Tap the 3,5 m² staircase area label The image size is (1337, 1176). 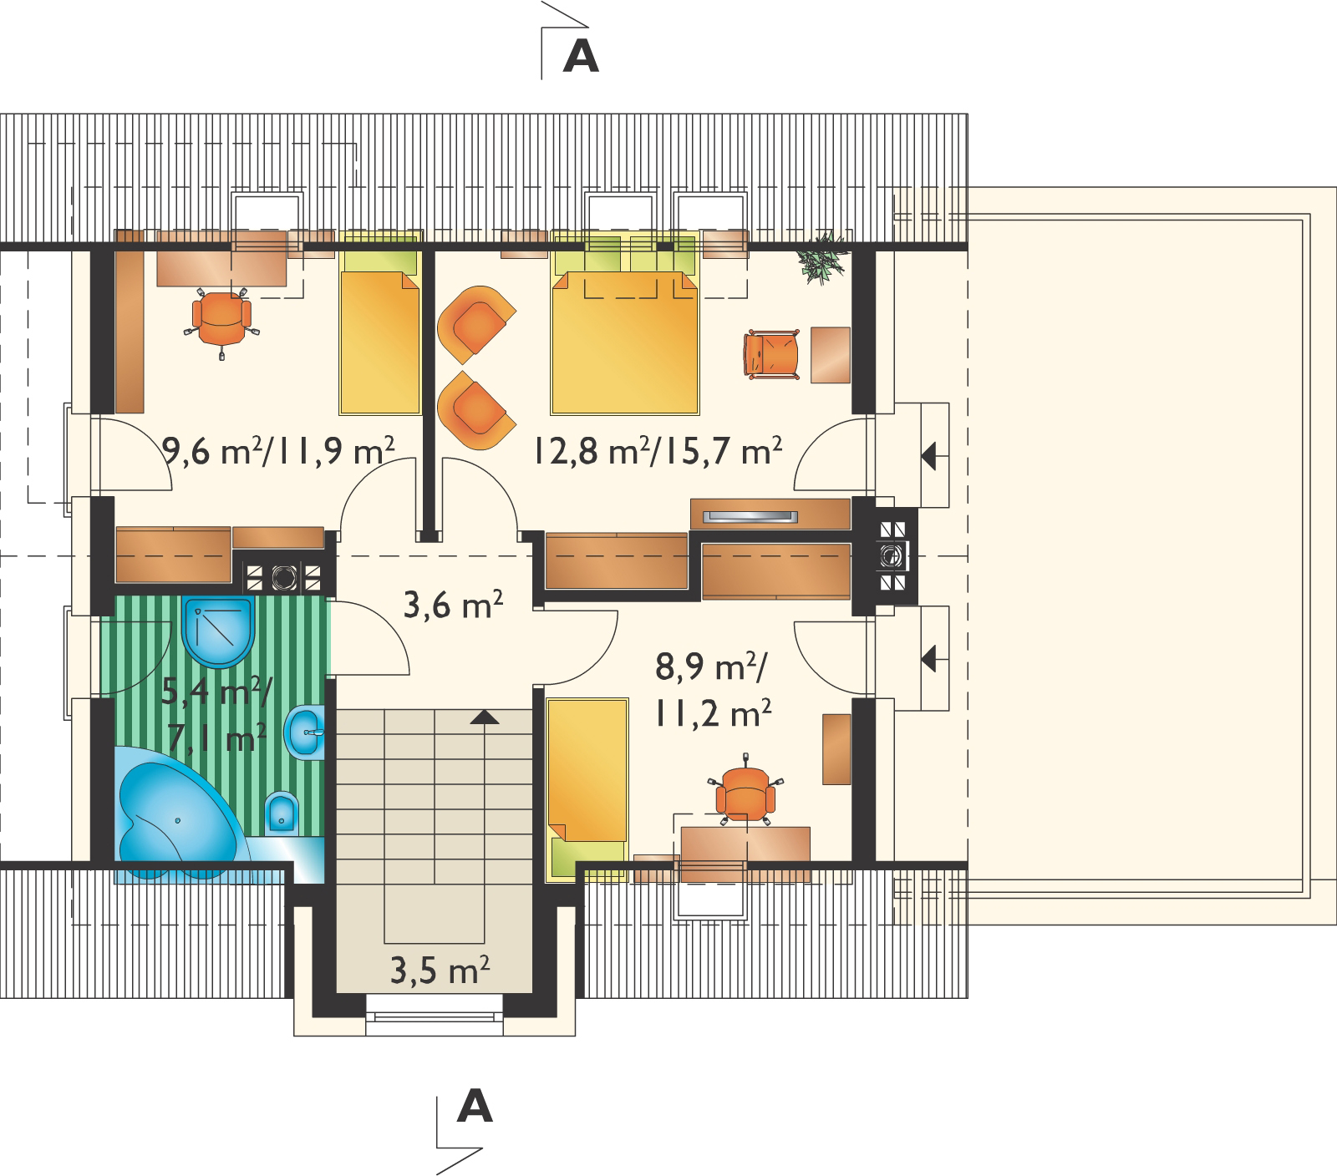pos(440,971)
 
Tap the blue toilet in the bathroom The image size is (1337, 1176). pos(282,814)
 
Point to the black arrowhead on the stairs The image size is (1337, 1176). pos(485,716)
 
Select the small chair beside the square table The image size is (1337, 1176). pos(770,355)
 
